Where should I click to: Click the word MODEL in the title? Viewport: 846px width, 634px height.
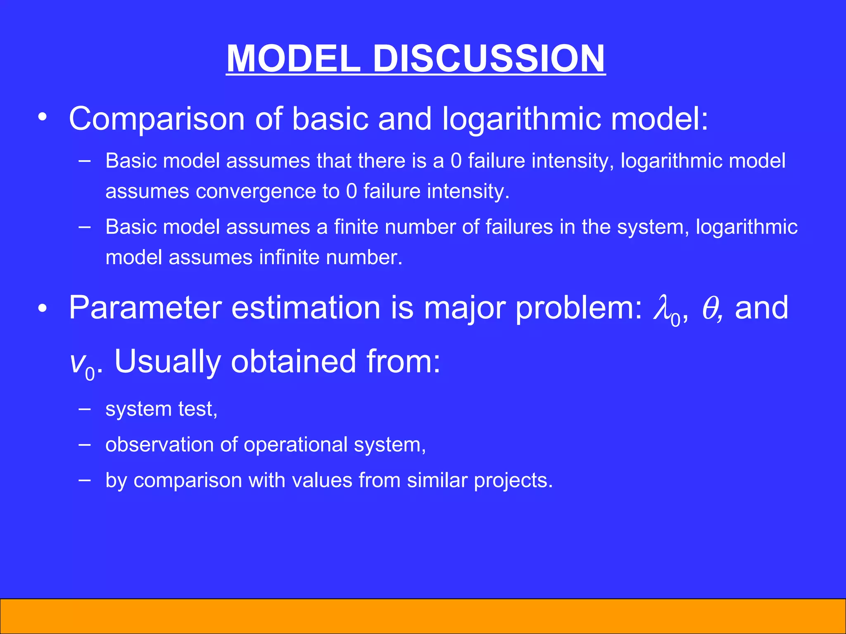(x=294, y=59)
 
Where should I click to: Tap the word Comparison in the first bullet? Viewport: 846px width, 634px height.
(x=157, y=119)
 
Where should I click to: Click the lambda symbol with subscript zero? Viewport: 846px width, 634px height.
(x=665, y=310)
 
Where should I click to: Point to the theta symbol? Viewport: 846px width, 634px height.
(x=710, y=309)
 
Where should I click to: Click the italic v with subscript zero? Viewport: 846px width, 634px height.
(x=81, y=363)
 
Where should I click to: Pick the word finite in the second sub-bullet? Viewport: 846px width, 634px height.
(x=356, y=227)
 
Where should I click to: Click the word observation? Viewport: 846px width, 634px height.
(x=159, y=445)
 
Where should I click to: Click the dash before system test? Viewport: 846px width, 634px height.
(x=85, y=409)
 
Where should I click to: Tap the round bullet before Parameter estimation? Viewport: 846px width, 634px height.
(x=43, y=309)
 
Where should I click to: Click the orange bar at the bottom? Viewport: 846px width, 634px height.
(x=423, y=616)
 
